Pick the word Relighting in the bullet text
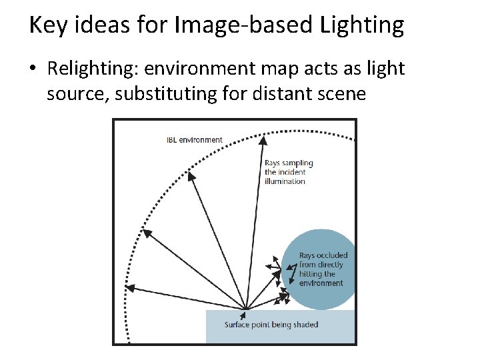tap(91, 69)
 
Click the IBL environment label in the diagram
tap(194, 139)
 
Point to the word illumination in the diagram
tap(285, 181)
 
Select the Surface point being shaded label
tap(271, 325)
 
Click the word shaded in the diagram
tap(305, 325)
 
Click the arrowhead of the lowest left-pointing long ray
tap(129, 288)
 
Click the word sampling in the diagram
tap(297, 163)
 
